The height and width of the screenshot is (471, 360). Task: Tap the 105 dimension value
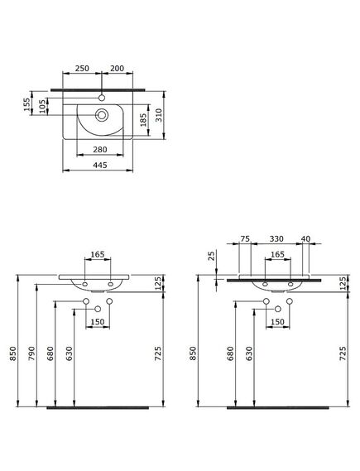tap(41, 108)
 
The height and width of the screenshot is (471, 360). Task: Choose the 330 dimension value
tap(277, 240)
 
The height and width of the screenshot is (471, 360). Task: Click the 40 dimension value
tap(306, 240)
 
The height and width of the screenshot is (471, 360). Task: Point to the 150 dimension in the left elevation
tap(98, 322)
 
